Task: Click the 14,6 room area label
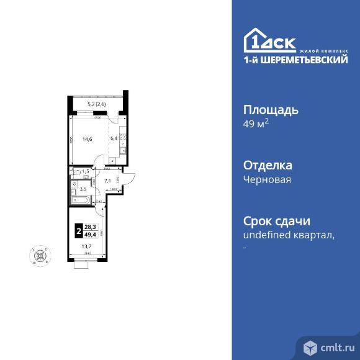[86, 140]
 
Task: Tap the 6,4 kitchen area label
[113, 140]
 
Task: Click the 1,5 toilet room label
[85, 171]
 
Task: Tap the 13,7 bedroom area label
[86, 246]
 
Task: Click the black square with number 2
[78, 231]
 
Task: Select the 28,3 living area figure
[91, 228]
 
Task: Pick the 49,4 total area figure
[91, 235]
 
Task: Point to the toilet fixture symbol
[76, 171]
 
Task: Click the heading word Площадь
[270, 110]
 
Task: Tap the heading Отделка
[267, 166]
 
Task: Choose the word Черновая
[267, 179]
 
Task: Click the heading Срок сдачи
[275, 222]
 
